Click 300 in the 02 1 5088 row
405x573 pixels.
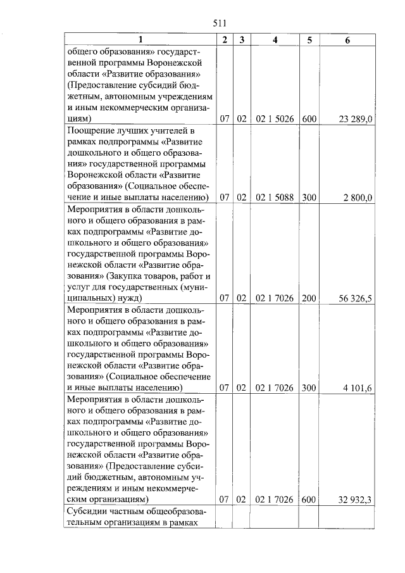pyautogui.click(x=309, y=197)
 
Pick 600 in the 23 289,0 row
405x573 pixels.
pyautogui.click(x=309, y=118)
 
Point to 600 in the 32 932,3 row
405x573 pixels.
pyautogui.click(x=309, y=500)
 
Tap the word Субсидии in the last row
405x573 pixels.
pyautogui.click(x=88, y=511)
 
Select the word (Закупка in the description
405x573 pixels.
pyautogui.click(x=126, y=276)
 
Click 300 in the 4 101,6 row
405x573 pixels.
pyautogui.click(x=309, y=387)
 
